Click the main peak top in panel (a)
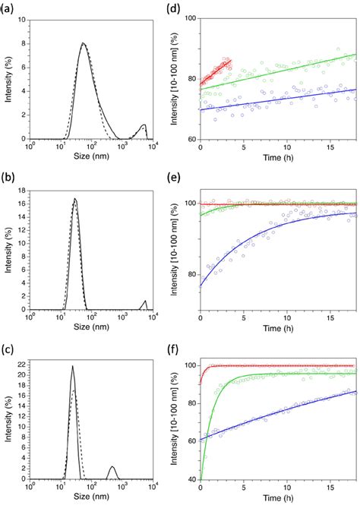coord(84,43)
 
